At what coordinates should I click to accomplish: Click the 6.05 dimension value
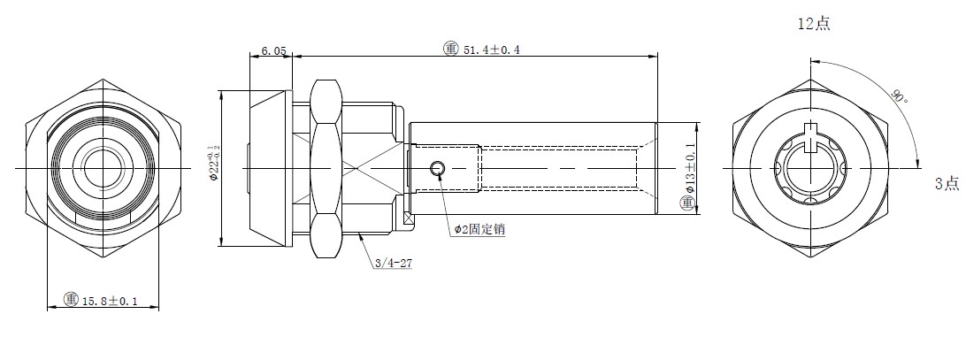click(x=274, y=50)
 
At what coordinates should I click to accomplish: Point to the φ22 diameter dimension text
click(x=214, y=163)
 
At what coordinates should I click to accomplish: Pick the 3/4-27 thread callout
click(x=393, y=264)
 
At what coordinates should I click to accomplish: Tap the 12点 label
click(x=814, y=24)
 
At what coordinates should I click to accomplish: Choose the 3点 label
click(x=947, y=183)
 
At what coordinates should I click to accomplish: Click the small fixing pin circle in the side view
click(x=437, y=168)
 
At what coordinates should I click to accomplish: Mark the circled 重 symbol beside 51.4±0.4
click(x=451, y=49)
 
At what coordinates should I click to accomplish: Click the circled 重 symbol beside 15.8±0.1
click(x=71, y=300)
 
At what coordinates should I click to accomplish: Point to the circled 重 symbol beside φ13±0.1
click(x=687, y=203)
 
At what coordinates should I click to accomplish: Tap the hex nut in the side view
click(x=326, y=168)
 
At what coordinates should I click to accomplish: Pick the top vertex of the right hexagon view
click(x=810, y=80)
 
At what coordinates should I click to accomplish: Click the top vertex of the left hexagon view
click(x=103, y=80)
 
